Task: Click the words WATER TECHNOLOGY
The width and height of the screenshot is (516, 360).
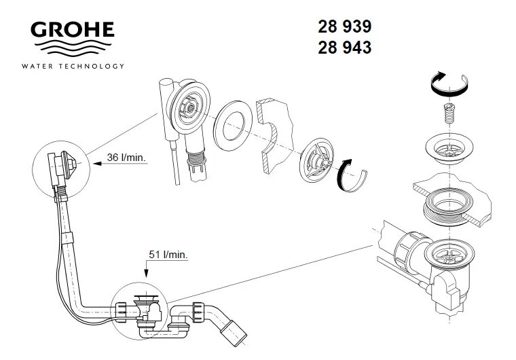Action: [73, 66]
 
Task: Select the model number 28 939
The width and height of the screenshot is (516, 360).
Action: [344, 28]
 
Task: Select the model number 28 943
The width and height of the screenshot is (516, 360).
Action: [344, 48]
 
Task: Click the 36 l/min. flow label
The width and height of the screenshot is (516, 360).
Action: [126, 158]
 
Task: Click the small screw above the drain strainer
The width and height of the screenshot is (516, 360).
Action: [447, 112]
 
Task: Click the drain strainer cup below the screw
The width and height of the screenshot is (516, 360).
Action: [446, 147]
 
